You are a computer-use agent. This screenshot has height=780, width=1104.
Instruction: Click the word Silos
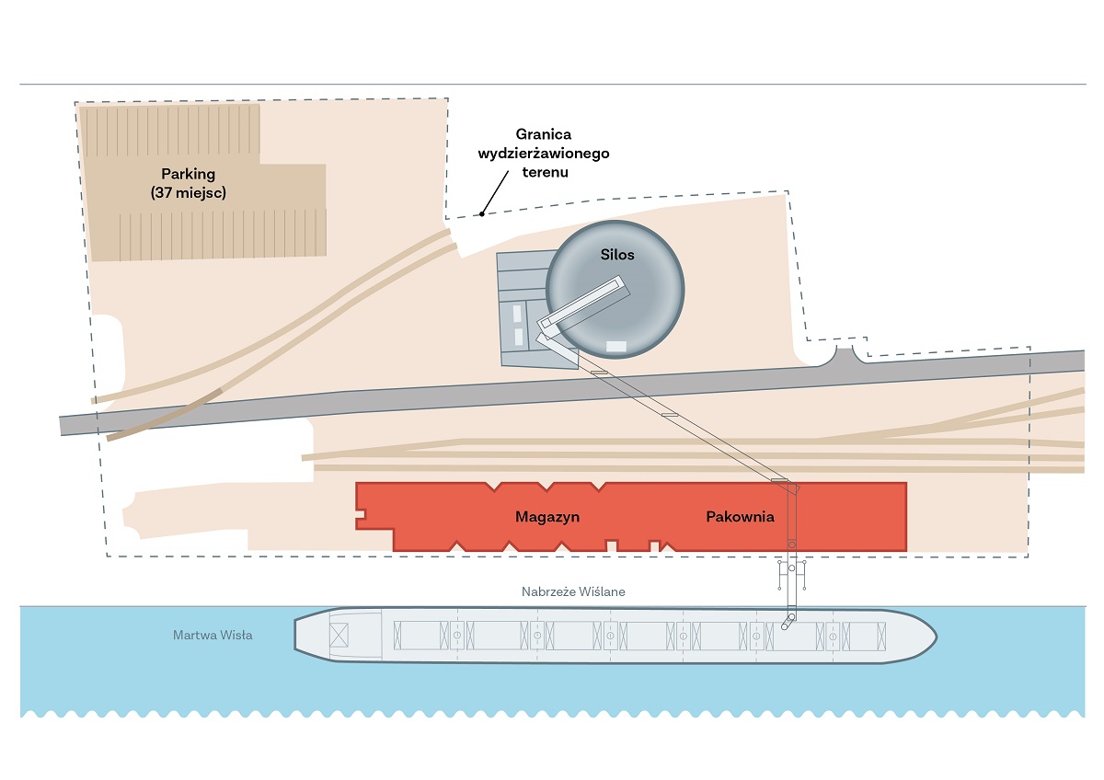click(618, 255)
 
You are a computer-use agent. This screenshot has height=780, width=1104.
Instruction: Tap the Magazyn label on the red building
click(547, 517)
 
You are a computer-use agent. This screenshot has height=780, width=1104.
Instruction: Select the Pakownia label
click(740, 517)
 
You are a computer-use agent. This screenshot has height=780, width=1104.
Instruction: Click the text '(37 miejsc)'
click(188, 193)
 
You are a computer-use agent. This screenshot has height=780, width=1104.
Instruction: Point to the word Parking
click(188, 174)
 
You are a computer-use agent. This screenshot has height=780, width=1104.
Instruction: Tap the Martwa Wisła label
click(213, 636)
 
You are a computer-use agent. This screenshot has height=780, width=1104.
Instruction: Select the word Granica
click(544, 135)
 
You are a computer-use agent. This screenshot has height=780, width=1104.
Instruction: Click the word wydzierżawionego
click(544, 153)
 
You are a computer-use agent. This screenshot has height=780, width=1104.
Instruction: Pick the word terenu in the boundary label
click(544, 171)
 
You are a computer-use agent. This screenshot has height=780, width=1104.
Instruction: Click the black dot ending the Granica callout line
click(481, 214)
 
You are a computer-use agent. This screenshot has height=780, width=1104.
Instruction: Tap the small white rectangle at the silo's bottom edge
click(616, 346)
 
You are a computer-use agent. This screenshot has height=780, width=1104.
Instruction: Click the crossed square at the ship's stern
click(339, 634)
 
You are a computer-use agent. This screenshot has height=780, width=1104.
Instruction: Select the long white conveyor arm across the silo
click(586, 305)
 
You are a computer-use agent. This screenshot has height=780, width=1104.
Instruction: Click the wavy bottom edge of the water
click(552, 713)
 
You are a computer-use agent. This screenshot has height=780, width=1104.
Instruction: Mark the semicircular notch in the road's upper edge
click(845, 354)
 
